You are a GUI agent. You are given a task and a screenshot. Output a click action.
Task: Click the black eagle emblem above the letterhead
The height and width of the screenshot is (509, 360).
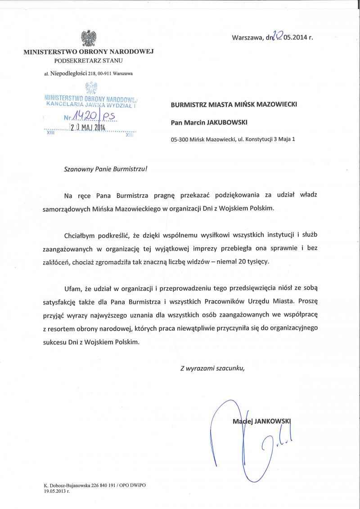point(88,38)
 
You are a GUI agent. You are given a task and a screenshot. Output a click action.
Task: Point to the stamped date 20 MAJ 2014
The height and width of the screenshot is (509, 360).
point(87,127)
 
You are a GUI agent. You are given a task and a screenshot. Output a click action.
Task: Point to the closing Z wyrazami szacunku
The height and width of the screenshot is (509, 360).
point(212,368)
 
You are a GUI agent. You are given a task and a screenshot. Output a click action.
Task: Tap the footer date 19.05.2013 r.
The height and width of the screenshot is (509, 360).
point(57,492)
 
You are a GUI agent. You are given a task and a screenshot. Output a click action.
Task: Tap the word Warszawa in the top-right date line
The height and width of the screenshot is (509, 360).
point(246,38)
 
